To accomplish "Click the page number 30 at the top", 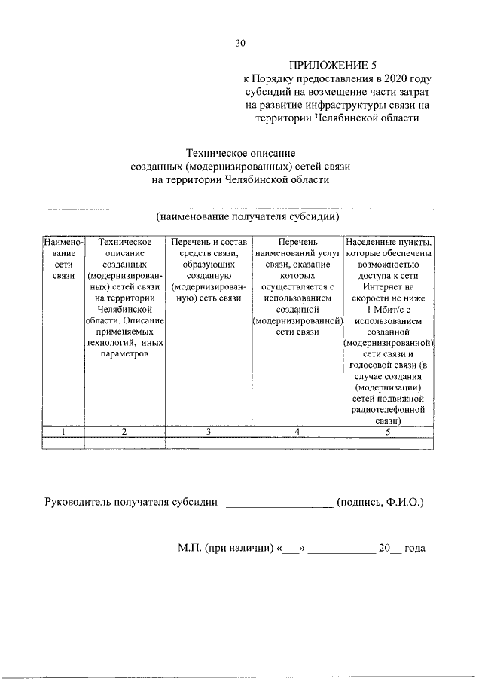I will coord(240,43).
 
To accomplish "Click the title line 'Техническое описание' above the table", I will coord(240,153).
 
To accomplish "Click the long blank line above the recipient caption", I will coord(240,206).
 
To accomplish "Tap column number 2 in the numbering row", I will coord(125,431).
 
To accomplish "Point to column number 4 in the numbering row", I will coord(297,431).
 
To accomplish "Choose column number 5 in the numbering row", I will coord(389,431).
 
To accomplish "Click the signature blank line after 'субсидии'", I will coord(279,506).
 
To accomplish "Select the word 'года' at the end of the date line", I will coord(415,548).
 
